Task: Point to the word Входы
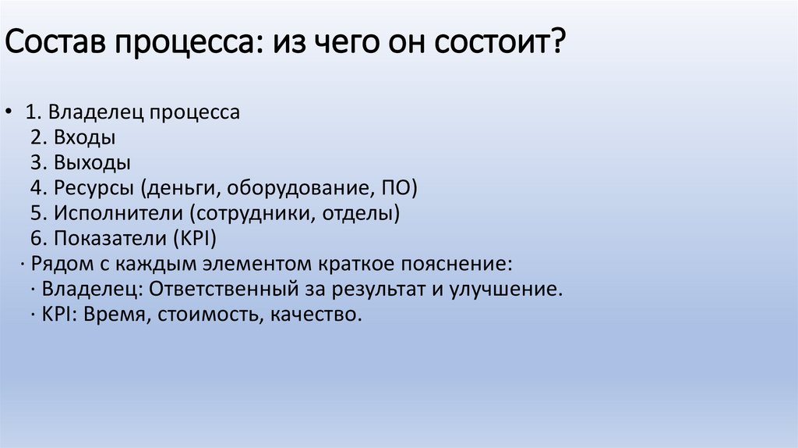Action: click(85, 138)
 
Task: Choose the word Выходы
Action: click(92, 163)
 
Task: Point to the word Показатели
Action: click(107, 238)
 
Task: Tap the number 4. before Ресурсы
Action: click(41, 188)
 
